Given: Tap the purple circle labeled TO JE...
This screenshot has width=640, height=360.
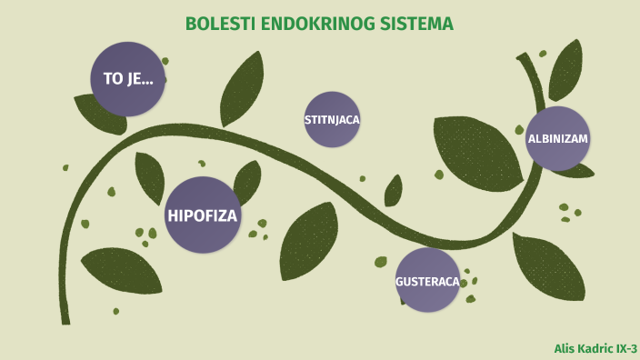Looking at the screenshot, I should (x=127, y=78).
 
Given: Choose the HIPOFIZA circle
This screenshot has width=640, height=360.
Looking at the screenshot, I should (x=202, y=215).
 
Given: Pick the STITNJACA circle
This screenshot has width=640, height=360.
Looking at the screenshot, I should (x=332, y=119).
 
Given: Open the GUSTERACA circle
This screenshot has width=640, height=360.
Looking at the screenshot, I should (x=427, y=280).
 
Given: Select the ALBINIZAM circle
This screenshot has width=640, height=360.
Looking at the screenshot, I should (x=558, y=138).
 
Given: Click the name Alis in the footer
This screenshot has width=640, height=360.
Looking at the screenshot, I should (x=565, y=349).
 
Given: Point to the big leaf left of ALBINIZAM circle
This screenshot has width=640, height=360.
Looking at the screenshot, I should (x=475, y=150).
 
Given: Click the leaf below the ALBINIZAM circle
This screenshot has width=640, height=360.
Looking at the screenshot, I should (x=547, y=265).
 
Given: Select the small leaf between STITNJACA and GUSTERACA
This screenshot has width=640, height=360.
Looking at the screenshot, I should (x=394, y=191).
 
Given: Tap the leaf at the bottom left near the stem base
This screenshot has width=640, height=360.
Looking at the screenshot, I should (x=120, y=270).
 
